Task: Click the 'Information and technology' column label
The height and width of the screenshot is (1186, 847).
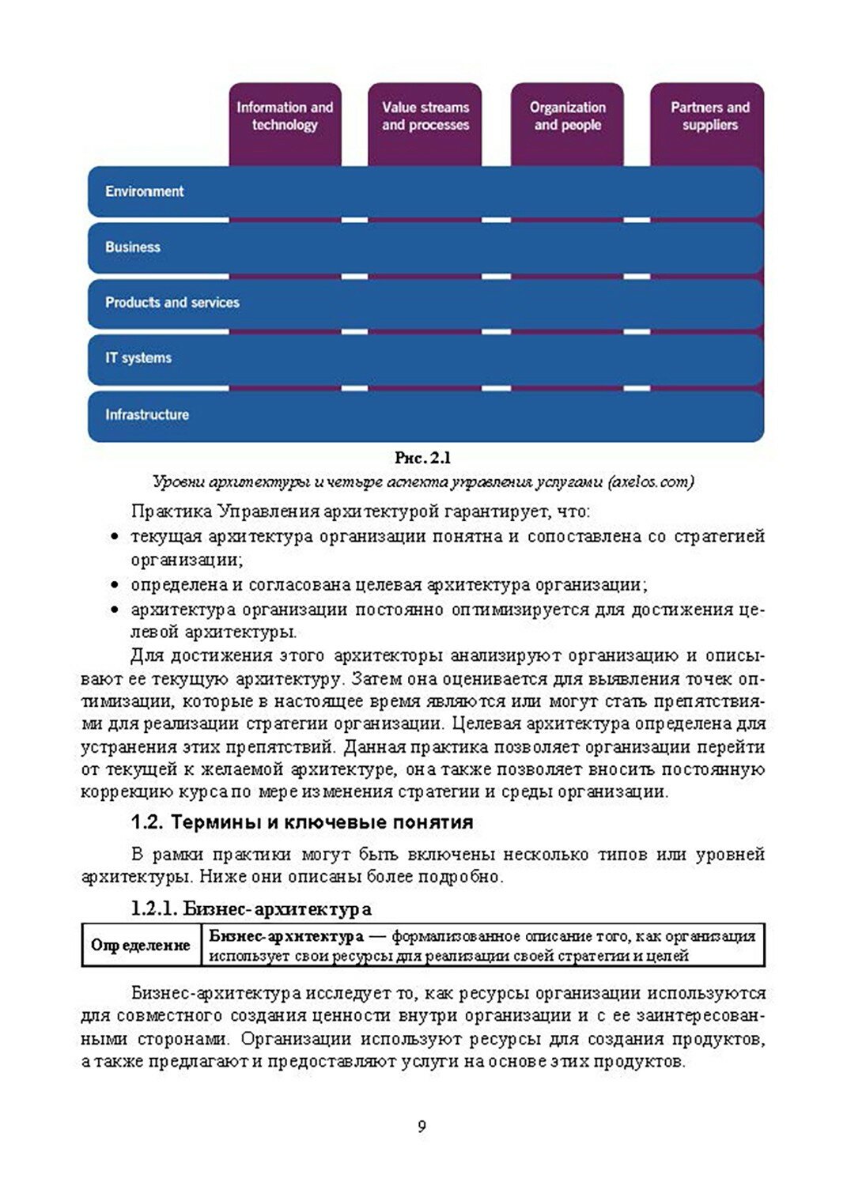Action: pyautogui.click(x=285, y=116)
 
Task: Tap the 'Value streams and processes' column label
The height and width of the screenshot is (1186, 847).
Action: pyautogui.click(x=425, y=116)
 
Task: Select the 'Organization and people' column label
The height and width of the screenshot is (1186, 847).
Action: pyautogui.click(x=568, y=116)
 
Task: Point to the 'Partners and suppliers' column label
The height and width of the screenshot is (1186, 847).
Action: pyautogui.click(x=709, y=116)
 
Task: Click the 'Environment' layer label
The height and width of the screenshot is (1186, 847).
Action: pyautogui.click(x=144, y=191)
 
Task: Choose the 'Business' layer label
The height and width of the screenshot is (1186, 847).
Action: pyautogui.click(x=133, y=247)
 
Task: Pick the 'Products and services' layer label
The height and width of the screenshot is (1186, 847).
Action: pyautogui.click(x=172, y=302)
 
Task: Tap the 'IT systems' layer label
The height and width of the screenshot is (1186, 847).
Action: pyautogui.click(x=138, y=358)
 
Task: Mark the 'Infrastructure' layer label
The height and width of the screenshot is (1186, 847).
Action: pyautogui.click(x=147, y=414)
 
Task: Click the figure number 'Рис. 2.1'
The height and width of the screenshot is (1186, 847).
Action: pyautogui.click(x=423, y=459)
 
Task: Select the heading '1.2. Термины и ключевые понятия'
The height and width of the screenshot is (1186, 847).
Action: pyautogui.click(x=302, y=822)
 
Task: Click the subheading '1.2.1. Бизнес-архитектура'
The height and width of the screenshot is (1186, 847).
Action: pyautogui.click(x=251, y=909)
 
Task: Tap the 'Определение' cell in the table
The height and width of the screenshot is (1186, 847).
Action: pyautogui.click(x=141, y=946)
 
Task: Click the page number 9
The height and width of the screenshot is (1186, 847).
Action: pyautogui.click(x=422, y=1127)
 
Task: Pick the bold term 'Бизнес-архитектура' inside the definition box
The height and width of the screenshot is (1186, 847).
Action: pyautogui.click(x=286, y=937)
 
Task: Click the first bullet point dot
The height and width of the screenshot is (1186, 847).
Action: pyautogui.click(x=115, y=538)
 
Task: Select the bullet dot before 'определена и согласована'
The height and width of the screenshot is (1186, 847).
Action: pyautogui.click(x=115, y=586)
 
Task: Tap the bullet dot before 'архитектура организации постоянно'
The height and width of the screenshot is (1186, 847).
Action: pyautogui.click(x=115, y=610)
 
